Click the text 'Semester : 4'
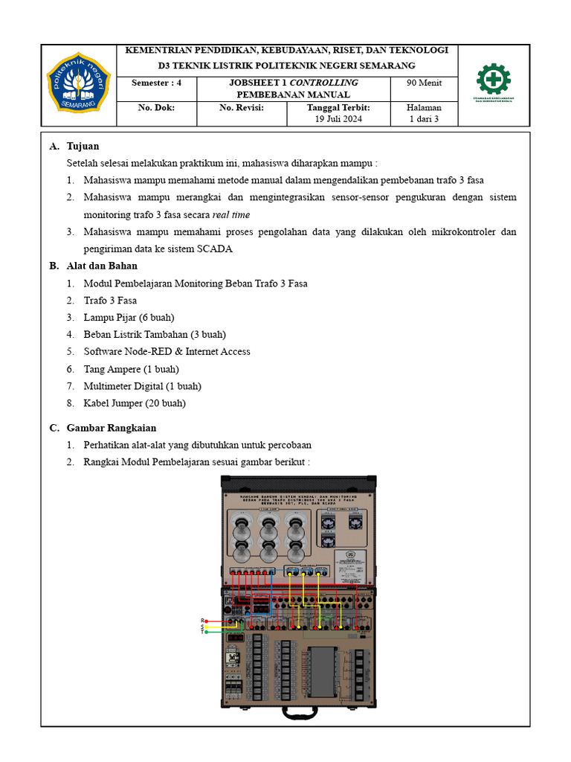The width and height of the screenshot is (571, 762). tap(156, 83)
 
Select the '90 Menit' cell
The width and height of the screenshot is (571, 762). tap(424, 83)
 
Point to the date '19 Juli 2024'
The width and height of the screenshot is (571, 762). tap(338, 119)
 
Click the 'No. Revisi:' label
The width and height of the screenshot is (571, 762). tap(242, 108)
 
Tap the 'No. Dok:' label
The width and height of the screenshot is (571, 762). tap(156, 108)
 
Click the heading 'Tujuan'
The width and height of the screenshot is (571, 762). tap(83, 146)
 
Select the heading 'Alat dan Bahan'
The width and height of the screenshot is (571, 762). tap(102, 266)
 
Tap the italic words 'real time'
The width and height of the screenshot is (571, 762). tap(231, 214)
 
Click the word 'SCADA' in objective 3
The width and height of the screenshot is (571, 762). tap(215, 249)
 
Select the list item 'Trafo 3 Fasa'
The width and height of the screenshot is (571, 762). tap(110, 301)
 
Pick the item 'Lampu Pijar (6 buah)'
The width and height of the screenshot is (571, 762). tap(129, 318)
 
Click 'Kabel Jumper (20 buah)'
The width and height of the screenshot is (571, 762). tap(135, 403)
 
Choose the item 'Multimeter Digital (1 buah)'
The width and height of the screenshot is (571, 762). tap(142, 386)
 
